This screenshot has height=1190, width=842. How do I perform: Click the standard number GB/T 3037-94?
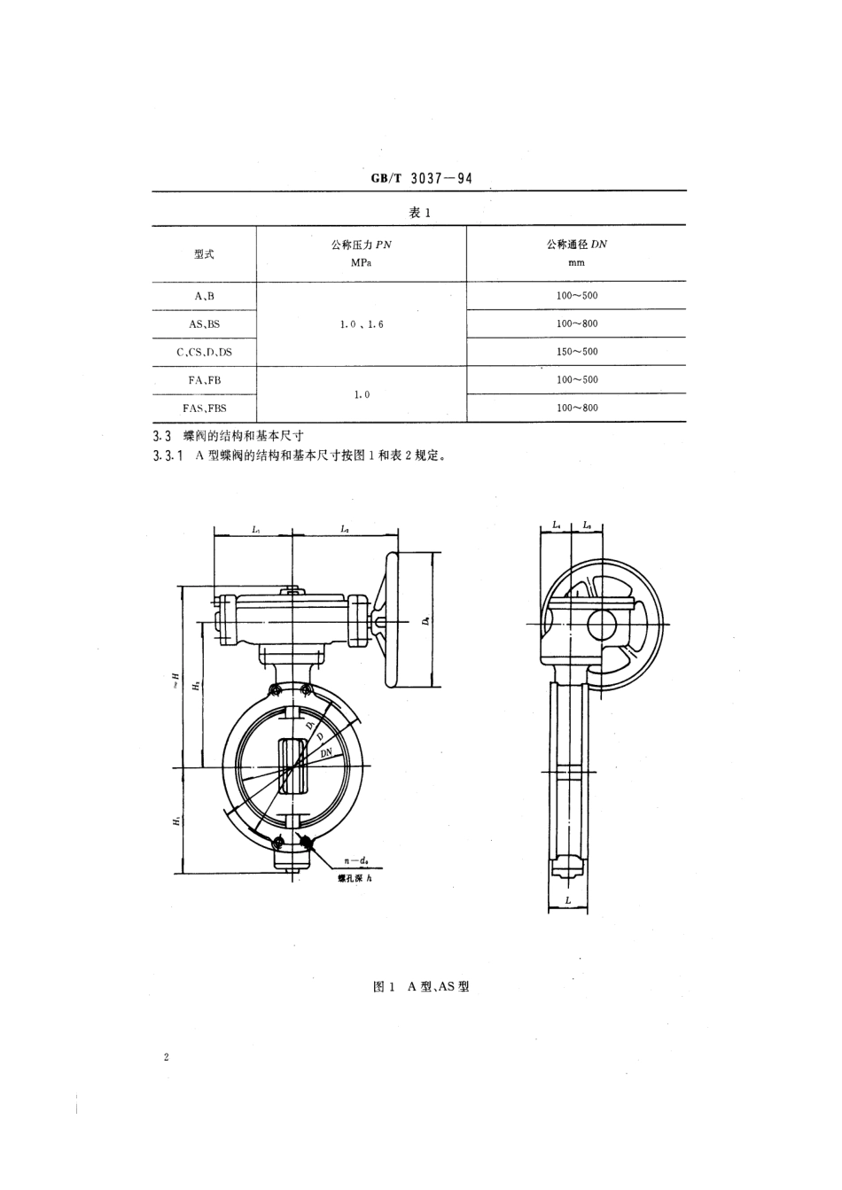[x=421, y=178]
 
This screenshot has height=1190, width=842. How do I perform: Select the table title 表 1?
[x=418, y=213]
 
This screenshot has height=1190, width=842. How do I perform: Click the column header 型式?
[x=204, y=254]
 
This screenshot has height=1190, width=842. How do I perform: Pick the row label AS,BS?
[x=204, y=324]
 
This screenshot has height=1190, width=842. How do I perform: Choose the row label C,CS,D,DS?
[x=204, y=352]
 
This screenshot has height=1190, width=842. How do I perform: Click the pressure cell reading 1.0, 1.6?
[x=361, y=324]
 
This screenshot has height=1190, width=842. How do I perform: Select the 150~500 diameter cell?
[x=577, y=352]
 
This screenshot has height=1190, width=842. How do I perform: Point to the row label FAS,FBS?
[x=204, y=408]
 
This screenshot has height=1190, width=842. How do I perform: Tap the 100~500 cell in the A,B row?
[x=577, y=296]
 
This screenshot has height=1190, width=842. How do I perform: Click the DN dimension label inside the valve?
[x=326, y=752]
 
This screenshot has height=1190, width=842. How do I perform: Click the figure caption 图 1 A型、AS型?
[x=421, y=986]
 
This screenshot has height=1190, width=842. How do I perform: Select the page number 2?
[x=166, y=1057]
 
